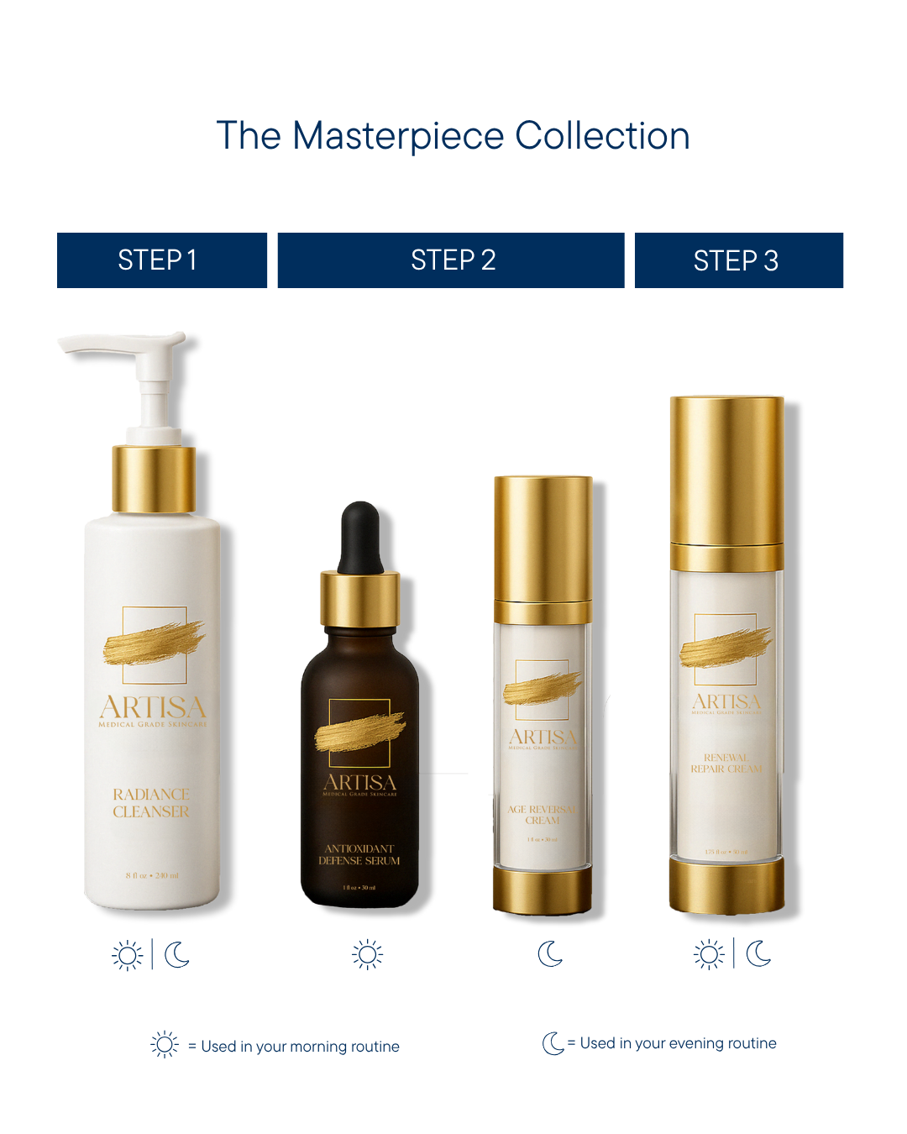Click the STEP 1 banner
coord(161,260)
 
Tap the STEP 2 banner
coord(452,260)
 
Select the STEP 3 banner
coord(738,260)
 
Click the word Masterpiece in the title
coord(398,136)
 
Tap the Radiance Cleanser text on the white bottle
coord(151,803)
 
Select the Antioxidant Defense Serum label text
coord(359,854)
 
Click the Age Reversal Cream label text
coord(542,815)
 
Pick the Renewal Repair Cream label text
coord(726,763)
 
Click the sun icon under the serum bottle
coord(368,954)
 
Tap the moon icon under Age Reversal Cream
coord(550,953)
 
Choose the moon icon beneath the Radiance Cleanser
coord(176,954)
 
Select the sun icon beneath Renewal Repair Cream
coord(709,954)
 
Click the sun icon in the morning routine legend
coord(165,1044)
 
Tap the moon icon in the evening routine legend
coord(553,1043)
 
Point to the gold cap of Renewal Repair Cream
coord(726,470)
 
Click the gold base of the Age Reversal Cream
coord(543,890)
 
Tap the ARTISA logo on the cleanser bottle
coord(153,707)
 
